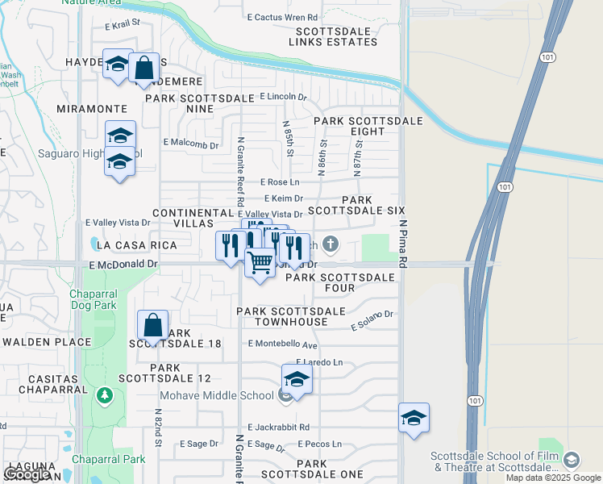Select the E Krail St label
[x=123, y=26]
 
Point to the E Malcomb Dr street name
[x=191, y=144]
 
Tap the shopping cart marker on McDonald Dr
[x=260, y=263]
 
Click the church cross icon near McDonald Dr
[x=331, y=244]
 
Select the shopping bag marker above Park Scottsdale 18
[x=152, y=325]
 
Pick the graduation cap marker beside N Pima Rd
[x=414, y=418]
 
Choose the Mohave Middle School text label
[x=216, y=395]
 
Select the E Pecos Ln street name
[x=319, y=444]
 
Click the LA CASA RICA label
[x=123, y=244]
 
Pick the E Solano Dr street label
[x=372, y=320]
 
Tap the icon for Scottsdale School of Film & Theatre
[x=572, y=460]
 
